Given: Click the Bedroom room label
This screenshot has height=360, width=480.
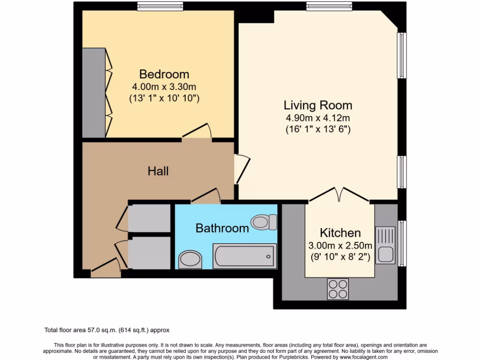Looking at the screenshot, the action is point(164,75).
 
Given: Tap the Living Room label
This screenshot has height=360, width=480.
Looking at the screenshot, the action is point(318,105).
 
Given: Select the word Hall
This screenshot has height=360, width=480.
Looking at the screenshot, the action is point(158,171).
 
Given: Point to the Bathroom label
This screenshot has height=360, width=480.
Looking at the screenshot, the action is point(222,228).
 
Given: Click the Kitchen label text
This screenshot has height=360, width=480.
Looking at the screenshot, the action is point(340,233).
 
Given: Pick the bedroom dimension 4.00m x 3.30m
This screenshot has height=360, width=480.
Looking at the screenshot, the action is point(164,87).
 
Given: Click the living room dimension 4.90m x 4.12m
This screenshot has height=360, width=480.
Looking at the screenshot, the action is point(318,118).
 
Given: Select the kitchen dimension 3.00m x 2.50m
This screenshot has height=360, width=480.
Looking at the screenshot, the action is point(340,246).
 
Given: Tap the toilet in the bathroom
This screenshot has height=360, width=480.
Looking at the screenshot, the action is point(264,222).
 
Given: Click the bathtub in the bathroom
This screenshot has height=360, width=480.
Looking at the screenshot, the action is point(245,256).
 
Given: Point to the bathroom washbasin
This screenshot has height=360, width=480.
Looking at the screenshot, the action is point(190,259).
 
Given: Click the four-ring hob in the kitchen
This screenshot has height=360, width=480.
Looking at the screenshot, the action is point(338,289).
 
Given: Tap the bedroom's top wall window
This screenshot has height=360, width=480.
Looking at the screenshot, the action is point(160,6).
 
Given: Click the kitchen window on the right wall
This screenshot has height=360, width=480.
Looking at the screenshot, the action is point(402,243).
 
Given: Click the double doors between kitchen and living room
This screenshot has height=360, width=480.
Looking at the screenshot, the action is point(339,195).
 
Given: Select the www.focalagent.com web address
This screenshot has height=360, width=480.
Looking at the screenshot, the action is point(363,357).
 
